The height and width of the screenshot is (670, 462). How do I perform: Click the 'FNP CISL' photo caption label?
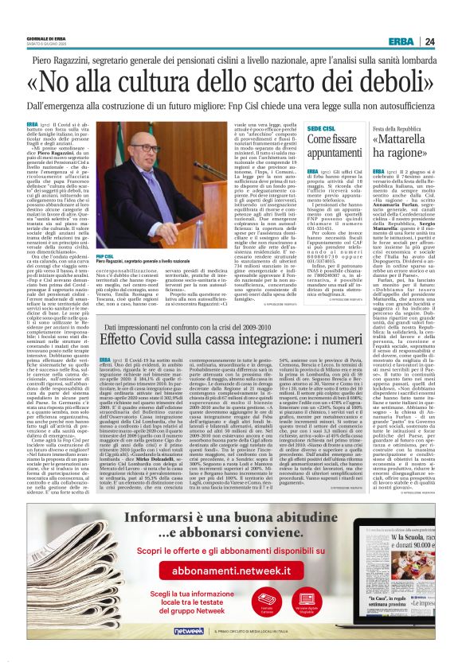pyautogui.click(x=104, y=256)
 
